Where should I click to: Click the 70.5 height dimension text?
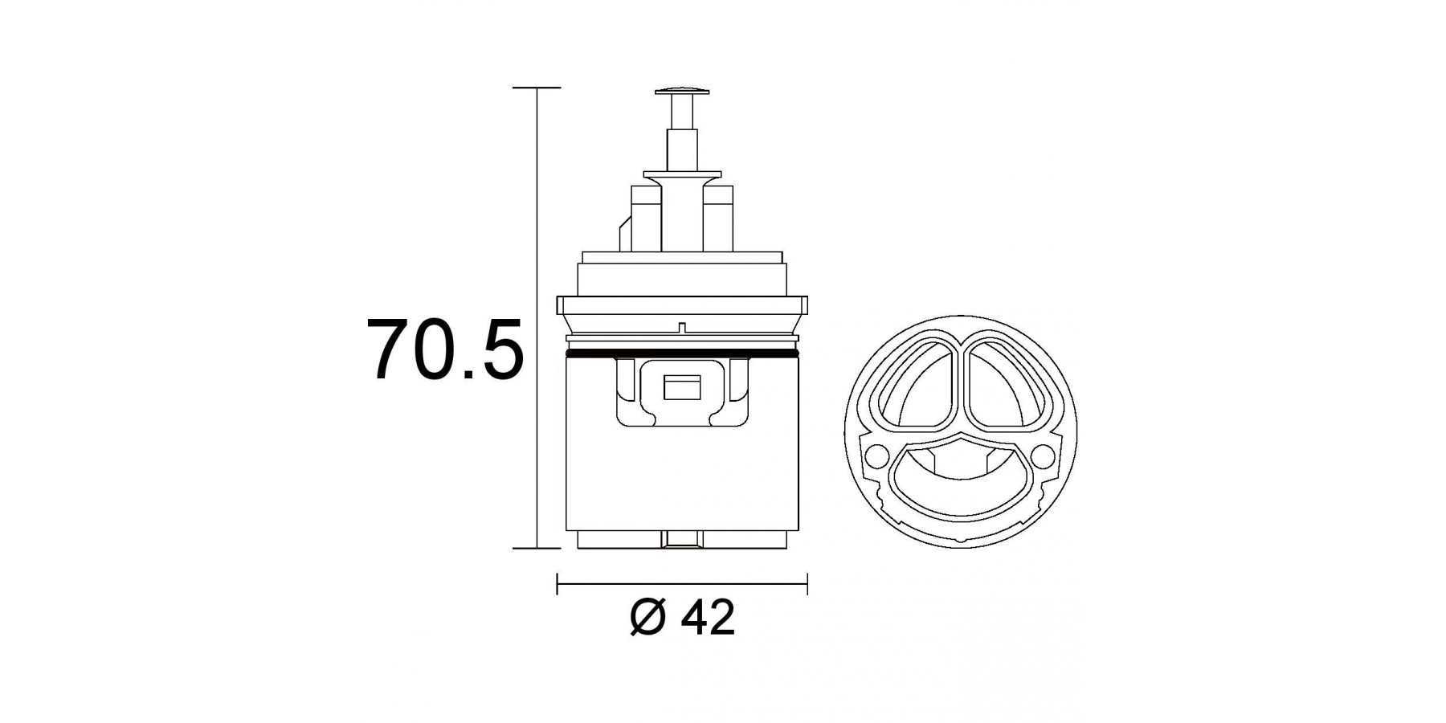(445, 350)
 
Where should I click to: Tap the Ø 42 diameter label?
(682, 618)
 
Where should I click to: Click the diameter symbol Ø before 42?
(647, 618)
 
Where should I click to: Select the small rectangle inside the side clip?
(682, 389)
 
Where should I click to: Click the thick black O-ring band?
(682, 353)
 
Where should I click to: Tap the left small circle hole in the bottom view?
(877, 456)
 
